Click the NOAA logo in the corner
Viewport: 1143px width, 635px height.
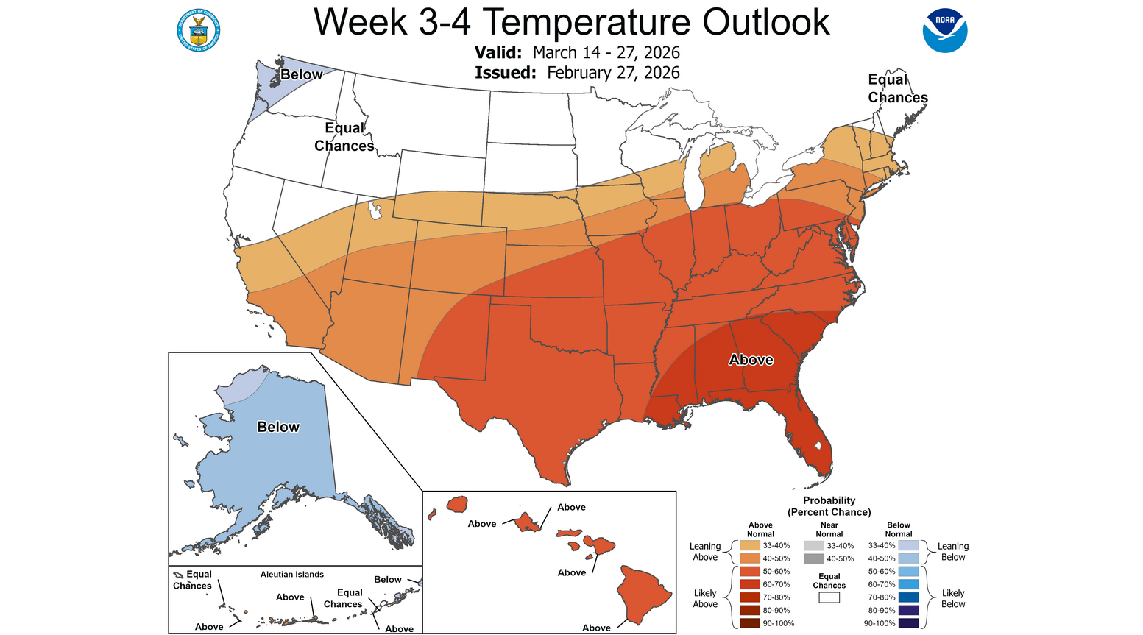[944, 30]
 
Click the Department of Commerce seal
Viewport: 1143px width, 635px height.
[198, 30]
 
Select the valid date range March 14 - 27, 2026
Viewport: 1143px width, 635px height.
[606, 53]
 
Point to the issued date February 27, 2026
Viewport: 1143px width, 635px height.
[613, 73]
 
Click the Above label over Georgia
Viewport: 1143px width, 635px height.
[751, 360]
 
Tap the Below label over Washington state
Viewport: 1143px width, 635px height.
[301, 74]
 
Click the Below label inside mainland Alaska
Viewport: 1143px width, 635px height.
[278, 427]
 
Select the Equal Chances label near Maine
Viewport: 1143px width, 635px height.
[897, 88]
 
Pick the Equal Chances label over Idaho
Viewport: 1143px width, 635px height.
[344, 137]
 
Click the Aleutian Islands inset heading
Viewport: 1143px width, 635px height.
[292, 575]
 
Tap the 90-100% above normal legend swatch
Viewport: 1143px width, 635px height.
[750, 623]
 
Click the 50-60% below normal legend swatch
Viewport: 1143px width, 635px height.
[908, 572]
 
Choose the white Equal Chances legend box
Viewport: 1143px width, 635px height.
[829, 597]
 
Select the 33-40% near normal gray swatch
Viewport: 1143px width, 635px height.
[813, 546]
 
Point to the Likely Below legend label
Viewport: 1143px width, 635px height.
[952, 598]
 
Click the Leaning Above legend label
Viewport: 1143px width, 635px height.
[704, 551]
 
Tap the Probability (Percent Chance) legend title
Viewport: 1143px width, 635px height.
[829, 506]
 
